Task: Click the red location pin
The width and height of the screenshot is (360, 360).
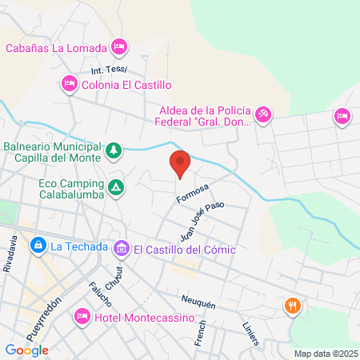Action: pyautogui.click(x=180, y=162)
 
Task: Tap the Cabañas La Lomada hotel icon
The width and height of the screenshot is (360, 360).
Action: pyautogui.click(x=119, y=47)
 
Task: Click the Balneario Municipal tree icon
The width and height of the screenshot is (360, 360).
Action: pyautogui.click(x=114, y=150)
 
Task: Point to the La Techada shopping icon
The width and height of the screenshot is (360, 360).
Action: pyautogui.click(x=37, y=246)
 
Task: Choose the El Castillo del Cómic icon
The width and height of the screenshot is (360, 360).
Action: pyautogui.click(x=122, y=249)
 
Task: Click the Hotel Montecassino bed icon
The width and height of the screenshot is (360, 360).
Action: pyautogui.click(x=81, y=318)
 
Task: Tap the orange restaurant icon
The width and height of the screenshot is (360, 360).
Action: pyautogui.click(x=293, y=305)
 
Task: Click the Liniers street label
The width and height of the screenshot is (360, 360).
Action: pyautogui.click(x=251, y=335)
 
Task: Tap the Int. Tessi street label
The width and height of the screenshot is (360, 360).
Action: pyautogui.click(x=109, y=70)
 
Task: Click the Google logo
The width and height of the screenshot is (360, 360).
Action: pyautogui.click(x=26, y=350)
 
